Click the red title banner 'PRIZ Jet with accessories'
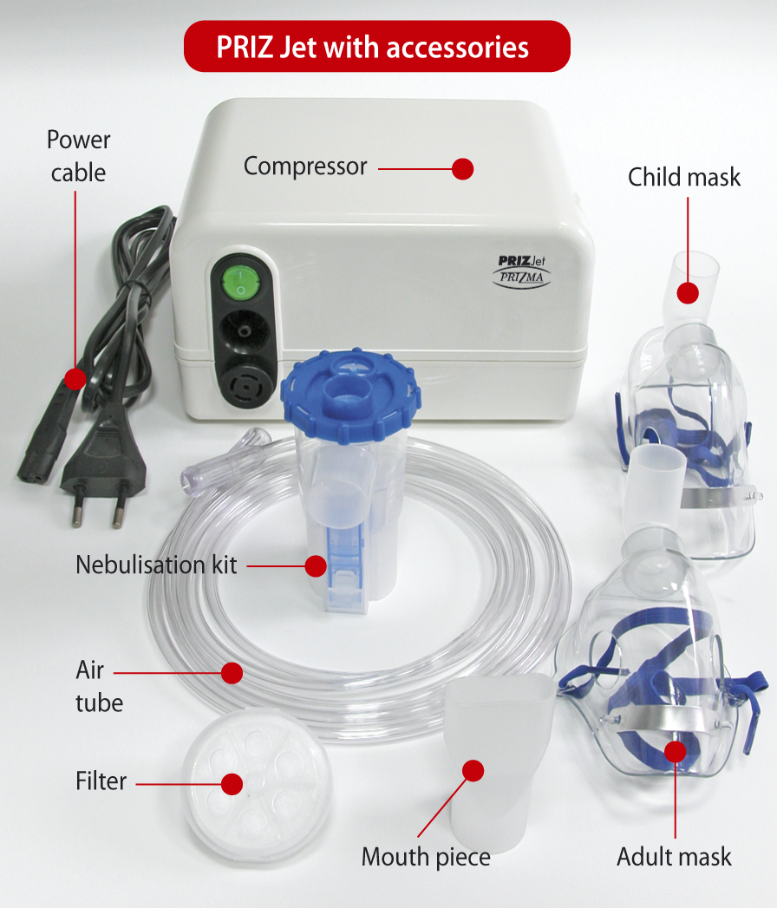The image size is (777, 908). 377,46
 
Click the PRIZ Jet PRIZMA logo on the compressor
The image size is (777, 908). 522,271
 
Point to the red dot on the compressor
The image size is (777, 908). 462,169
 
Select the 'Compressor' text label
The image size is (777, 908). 305,167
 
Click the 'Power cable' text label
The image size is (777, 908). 78,156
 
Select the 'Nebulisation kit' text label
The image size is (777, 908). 156,565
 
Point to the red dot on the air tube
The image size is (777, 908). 232,673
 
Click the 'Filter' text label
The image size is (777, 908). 101,781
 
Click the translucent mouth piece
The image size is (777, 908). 497,759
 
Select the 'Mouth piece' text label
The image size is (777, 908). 426,857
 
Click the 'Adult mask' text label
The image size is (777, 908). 674,857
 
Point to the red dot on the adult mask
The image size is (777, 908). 675,752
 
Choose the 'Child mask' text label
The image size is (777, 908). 684,177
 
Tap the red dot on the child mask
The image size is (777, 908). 688,292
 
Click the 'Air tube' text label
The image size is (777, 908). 99,686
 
